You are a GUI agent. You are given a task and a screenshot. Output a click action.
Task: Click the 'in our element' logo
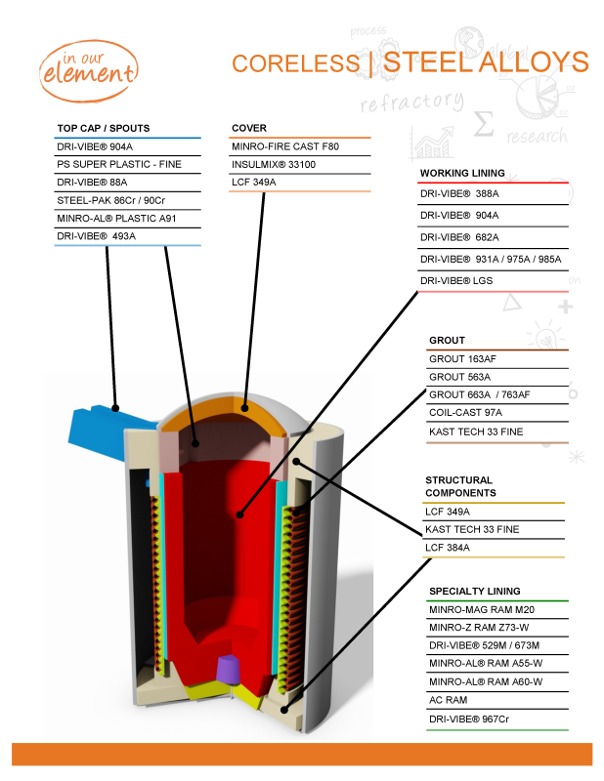88,63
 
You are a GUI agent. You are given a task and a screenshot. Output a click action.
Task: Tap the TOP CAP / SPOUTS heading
104,128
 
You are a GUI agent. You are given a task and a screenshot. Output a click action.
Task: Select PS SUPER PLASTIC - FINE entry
119,165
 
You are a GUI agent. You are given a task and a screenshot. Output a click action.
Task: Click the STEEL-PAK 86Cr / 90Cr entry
110,200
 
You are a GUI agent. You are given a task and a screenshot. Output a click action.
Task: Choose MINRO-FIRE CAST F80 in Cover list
284,146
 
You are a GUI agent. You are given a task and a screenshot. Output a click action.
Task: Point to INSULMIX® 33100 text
274,164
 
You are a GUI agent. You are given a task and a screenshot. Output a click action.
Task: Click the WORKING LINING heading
462,173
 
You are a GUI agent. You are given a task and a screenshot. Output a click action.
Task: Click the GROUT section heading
447,341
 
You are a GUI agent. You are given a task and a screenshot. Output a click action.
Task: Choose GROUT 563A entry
459,377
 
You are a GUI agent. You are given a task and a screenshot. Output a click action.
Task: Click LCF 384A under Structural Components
448,548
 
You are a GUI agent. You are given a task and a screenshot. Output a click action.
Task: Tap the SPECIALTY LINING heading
474,591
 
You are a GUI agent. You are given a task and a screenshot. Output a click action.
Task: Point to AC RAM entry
449,700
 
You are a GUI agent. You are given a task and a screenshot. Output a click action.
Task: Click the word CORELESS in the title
295,63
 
